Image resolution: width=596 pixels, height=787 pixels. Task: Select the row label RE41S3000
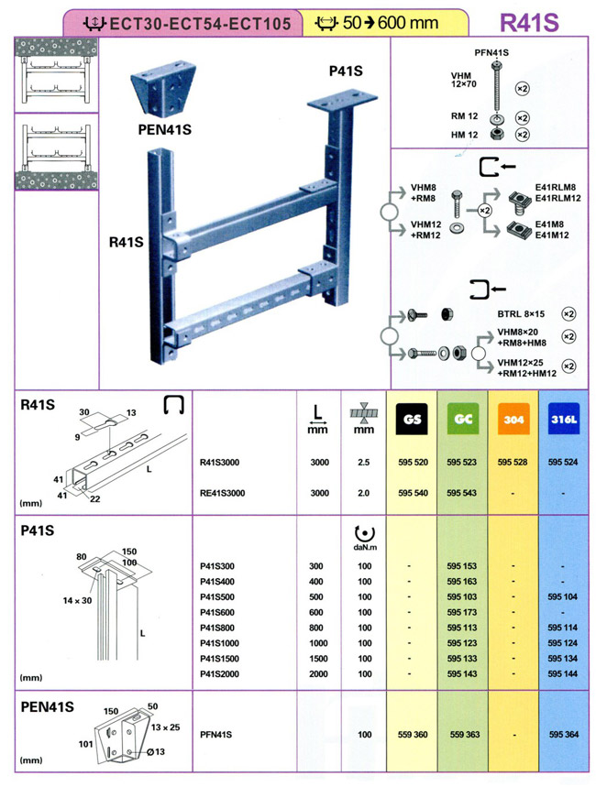pos(224,493)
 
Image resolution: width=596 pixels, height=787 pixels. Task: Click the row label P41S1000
pos(220,643)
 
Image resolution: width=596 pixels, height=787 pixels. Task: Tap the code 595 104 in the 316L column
pos(563,596)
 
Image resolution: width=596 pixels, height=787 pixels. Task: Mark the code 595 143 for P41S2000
pos(464,673)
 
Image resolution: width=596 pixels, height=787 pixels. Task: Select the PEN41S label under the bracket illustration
pos(164,129)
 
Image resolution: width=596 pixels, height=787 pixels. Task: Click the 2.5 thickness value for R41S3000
pos(364,463)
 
